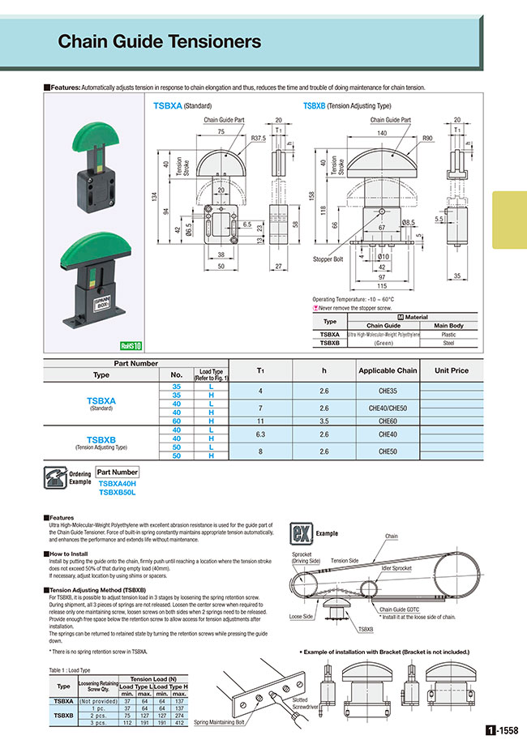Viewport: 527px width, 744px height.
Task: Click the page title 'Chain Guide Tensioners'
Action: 160,42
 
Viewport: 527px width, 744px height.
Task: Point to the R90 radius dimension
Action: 426,139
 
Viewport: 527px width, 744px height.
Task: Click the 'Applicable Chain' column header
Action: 388,370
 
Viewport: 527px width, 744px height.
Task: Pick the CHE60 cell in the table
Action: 388,421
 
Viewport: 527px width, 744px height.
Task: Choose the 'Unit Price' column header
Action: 452,370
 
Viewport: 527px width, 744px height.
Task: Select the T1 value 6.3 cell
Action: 261,434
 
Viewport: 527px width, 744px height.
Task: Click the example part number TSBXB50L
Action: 117,491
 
